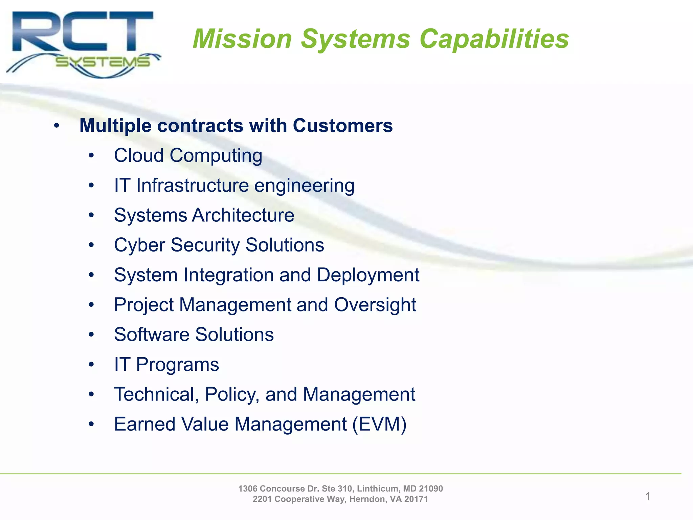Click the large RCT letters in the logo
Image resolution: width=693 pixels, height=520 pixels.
pos(83,32)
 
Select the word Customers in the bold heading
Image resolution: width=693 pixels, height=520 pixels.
pos(342,126)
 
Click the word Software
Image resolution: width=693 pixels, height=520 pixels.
pos(152,334)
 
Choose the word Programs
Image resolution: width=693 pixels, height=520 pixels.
pos(177,365)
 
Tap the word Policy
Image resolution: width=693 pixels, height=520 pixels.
pos(232,394)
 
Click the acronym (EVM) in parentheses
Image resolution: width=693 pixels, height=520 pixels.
pos(379,424)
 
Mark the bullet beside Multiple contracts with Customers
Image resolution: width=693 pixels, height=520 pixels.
pos(57,126)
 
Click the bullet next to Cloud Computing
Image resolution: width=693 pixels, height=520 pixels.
pos(91,156)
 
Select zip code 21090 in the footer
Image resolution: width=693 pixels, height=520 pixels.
pos(431,489)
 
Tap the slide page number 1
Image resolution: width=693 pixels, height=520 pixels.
pos(648,496)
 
